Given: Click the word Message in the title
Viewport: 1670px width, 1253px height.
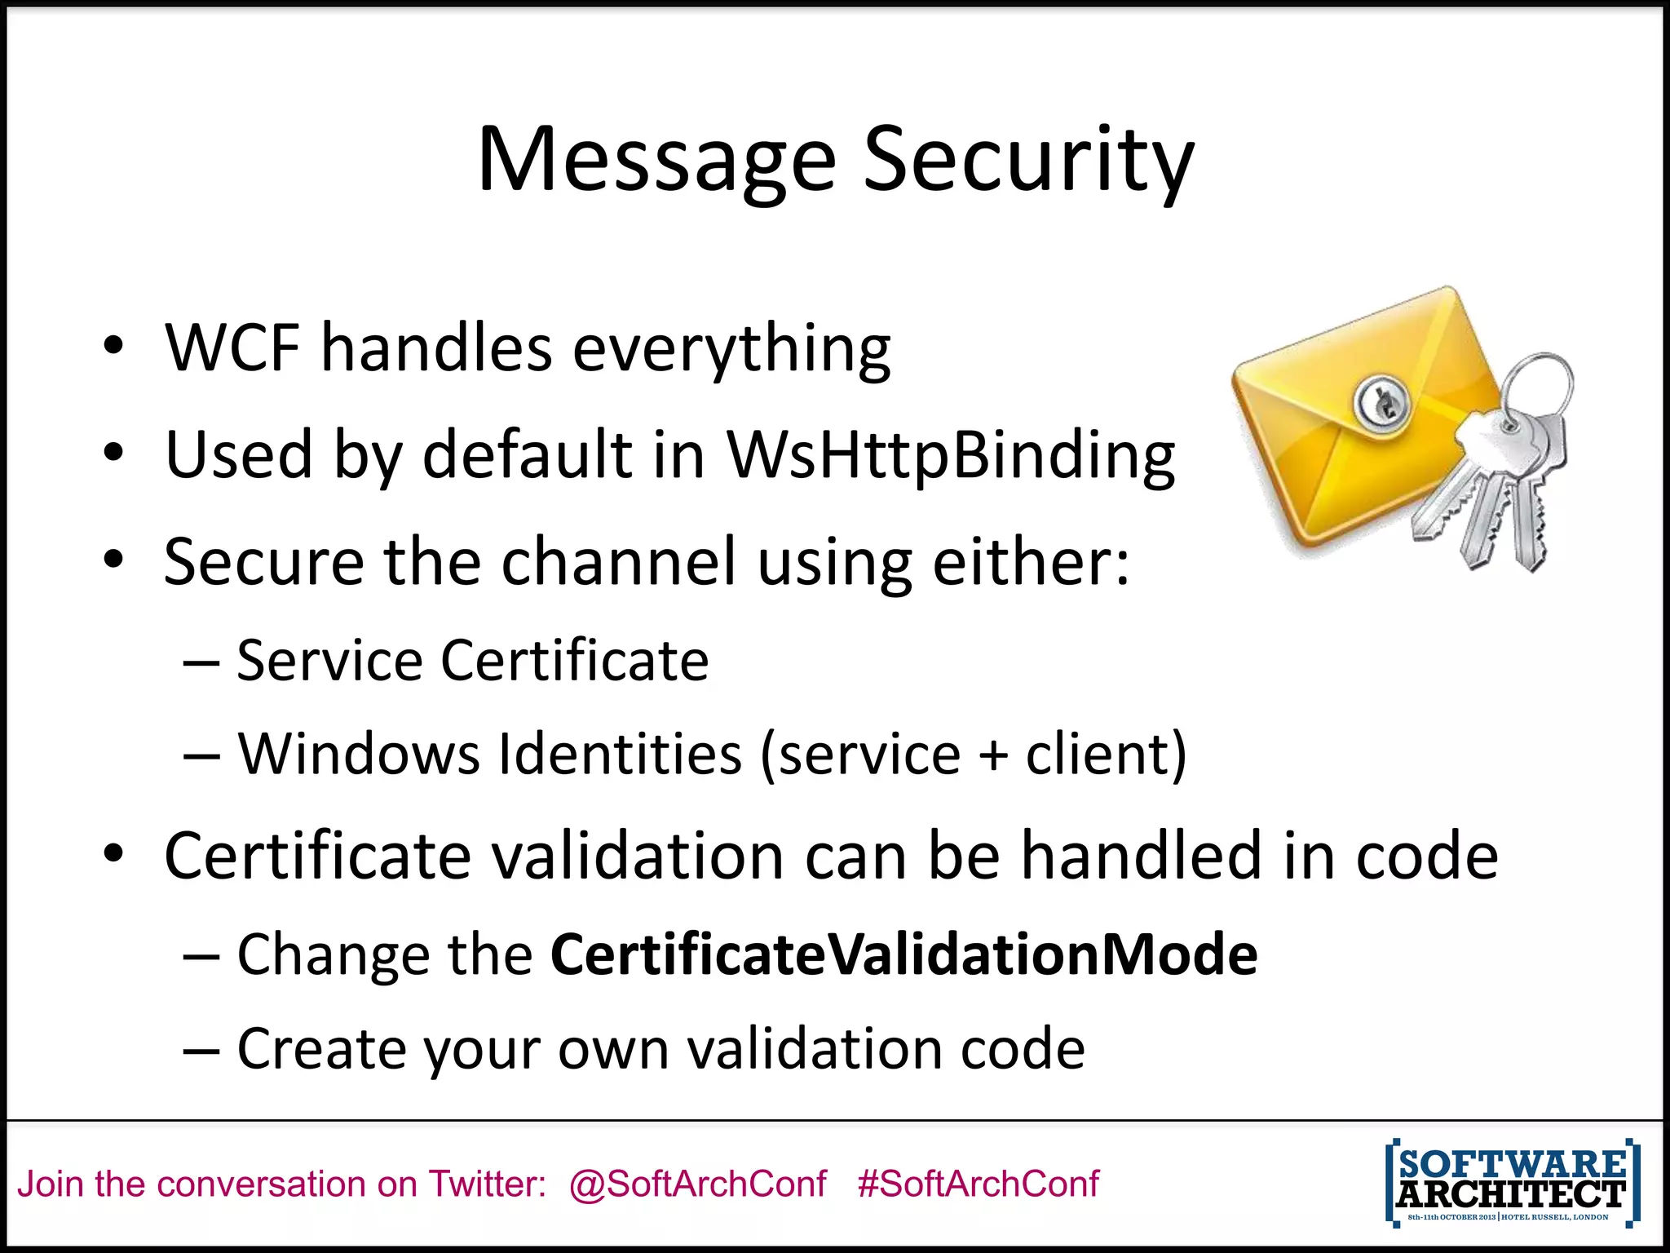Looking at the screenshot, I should tap(656, 161).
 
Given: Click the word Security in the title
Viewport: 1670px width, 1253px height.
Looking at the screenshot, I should tap(1028, 161).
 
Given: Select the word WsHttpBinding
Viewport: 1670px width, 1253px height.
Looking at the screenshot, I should tap(951, 455).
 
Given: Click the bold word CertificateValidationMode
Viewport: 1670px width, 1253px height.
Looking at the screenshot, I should tap(903, 954).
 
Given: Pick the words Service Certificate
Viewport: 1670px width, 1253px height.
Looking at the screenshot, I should tap(472, 660).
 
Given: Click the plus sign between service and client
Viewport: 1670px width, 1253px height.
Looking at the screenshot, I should tap(992, 755).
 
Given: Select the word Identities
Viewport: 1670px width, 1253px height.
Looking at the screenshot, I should tap(620, 753).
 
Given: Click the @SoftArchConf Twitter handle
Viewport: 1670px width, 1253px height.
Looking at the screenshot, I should tap(697, 1184).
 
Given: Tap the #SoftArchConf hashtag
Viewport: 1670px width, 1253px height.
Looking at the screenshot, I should tap(978, 1184).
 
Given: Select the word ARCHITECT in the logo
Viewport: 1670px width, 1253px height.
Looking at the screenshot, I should tap(1511, 1194).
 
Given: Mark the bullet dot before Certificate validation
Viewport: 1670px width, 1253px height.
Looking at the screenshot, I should tap(113, 854).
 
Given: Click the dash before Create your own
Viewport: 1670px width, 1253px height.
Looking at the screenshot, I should tap(201, 1049).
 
